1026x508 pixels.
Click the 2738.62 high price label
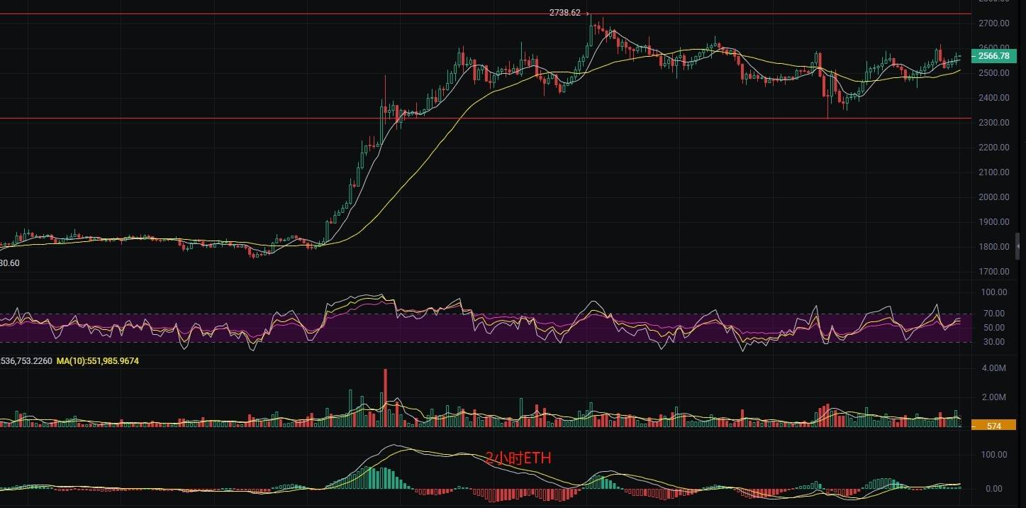click(x=564, y=13)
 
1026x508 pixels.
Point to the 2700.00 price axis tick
click(x=993, y=23)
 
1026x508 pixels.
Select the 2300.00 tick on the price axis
click(x=993, y=123)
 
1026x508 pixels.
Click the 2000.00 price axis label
click(x=993, y=197)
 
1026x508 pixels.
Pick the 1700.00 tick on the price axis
click(x=993, y=272)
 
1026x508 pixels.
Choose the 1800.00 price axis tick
click(x=993, y=247)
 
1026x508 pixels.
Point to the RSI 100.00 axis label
click(x=993, y=292)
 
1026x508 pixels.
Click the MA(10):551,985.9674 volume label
click(x=98, y=361)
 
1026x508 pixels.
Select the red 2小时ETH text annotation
click(x=518, y=458)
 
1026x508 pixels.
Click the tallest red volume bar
click(x=386, y=397)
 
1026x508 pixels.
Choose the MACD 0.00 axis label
click(x=993, y=489)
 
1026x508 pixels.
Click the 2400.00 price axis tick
click(x=993, y=98)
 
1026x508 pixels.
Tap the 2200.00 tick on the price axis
click(x=993, y=148)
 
